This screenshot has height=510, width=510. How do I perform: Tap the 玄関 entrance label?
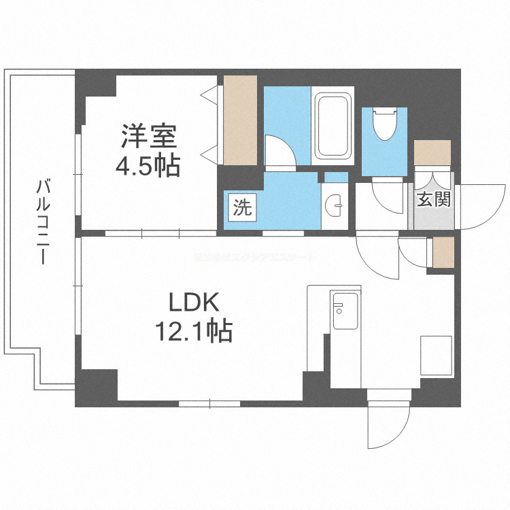pyautogui.click(x=433, y=201)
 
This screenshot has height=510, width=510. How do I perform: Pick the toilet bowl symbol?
pyautogui.click(x=384, y=124)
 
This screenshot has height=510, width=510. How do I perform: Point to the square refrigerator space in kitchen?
pyautogui.click(x=435, y=354)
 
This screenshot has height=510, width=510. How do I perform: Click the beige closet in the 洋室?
pyautogui.click(x=239, y=120)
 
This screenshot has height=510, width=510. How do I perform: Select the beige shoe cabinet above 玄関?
pyautogui.click(x=432, y=152)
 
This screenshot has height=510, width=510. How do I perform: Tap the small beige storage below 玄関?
pyautogui.click(x=443, y=252)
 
